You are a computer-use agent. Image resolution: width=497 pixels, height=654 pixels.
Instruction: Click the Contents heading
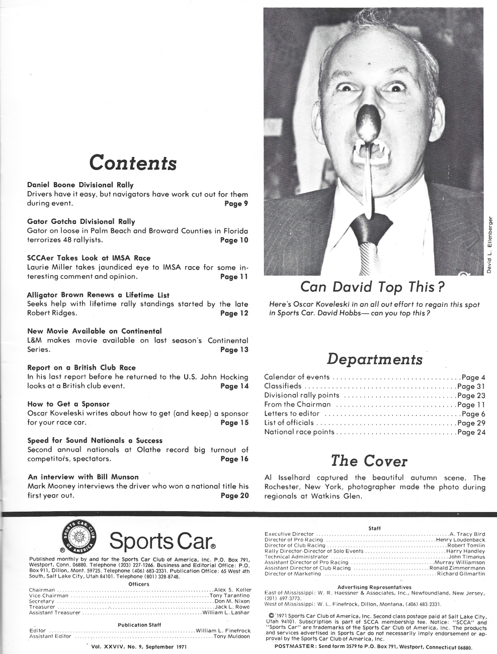[x=133, y=162]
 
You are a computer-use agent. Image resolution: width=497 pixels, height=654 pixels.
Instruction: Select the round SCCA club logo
[x=79, y=538]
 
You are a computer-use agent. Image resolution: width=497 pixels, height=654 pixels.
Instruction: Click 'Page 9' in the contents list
[x=236, y=204]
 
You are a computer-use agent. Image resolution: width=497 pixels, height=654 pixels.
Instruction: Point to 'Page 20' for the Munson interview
[x=234, y=496]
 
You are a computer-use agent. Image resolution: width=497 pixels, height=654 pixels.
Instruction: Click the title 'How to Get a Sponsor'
[x=68, y=404]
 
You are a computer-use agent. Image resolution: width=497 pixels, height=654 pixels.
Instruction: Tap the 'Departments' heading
[x=374, y=359]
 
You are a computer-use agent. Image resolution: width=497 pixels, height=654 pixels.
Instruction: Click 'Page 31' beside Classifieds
[x=471, y=386]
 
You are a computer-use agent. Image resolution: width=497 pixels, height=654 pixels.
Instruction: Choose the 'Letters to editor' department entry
[x=292, y=414]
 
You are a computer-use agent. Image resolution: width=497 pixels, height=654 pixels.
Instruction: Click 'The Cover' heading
[x=368, y=460]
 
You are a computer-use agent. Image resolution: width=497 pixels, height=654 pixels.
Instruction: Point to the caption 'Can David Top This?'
[x=373, y=287]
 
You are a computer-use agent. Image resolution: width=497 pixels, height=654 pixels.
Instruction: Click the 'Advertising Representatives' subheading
[x=374, y=587]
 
